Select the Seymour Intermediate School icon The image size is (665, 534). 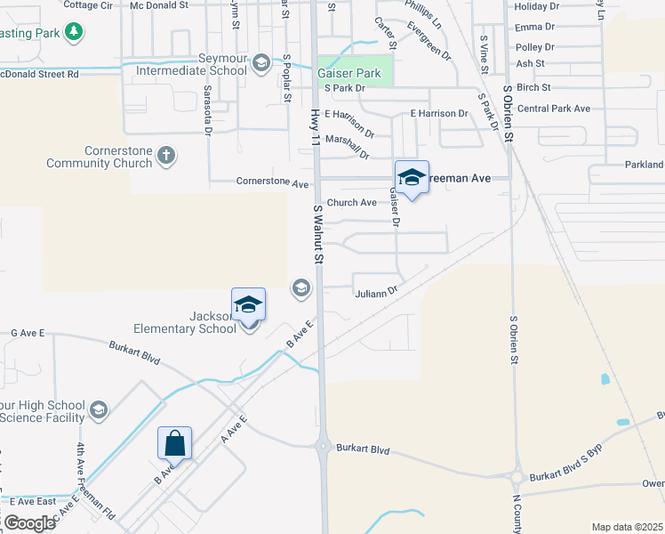pos(260,61)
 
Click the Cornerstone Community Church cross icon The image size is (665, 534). pos(165,157)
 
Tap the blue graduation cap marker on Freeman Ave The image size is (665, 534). pos(412,178)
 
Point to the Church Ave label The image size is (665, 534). pos(352,203)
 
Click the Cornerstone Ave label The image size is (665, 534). pos(272,183)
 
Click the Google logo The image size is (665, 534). pos(28,522)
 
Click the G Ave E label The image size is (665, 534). pos(28,333)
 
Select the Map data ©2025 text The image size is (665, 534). pos(627,527)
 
